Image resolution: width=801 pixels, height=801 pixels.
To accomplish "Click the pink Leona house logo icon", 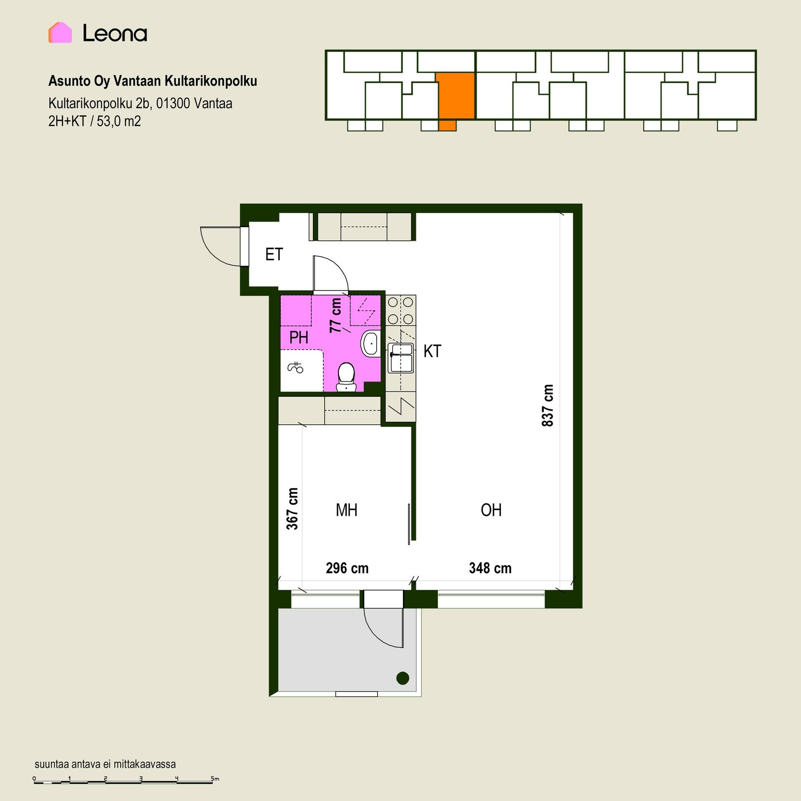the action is click(60, 33).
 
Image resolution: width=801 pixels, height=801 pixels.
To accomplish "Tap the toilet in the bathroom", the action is click(346, 377).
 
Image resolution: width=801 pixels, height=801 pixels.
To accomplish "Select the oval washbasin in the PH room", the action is click(370, 343).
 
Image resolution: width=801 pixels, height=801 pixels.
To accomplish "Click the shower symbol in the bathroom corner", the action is click(295, 367).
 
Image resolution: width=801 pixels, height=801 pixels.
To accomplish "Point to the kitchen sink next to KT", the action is click(400, 358).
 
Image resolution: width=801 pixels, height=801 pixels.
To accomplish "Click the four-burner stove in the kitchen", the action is click(400, 310).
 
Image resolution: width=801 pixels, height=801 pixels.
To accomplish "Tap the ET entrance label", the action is click(274, 254).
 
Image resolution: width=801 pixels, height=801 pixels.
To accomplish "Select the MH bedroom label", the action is click(346, 510).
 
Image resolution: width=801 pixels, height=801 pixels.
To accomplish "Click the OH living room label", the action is click(491, 510).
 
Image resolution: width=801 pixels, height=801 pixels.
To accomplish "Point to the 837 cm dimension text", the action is click(547, 406).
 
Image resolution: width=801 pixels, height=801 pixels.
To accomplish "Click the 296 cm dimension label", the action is click(347, 568).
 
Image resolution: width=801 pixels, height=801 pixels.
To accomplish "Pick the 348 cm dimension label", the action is click(490, 568).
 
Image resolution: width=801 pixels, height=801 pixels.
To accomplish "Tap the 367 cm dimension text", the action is click(292, 509).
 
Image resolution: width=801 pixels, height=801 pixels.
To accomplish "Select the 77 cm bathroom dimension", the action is click(335, 315).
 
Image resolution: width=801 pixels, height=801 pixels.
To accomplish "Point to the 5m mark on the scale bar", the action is click(214, 778).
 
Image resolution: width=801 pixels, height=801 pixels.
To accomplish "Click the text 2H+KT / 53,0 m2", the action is click(95, 121).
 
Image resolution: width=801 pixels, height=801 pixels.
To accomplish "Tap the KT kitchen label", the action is click(432, 351).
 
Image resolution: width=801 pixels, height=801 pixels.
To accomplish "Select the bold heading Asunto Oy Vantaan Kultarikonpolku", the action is click(153, 81).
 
